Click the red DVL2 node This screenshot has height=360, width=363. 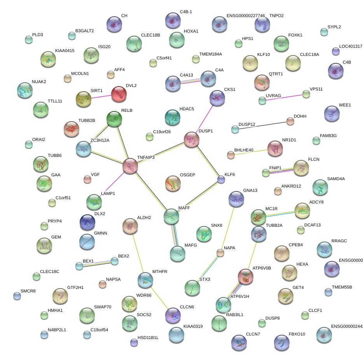click(119, 94)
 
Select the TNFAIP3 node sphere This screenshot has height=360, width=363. click(130, 166)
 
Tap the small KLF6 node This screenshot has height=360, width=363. click(221, 179)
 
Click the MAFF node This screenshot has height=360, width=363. click(171, 216)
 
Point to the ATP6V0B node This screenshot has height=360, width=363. click(246, 276)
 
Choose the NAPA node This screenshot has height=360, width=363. click(220, 253)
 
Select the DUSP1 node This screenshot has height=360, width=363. click(191, 139)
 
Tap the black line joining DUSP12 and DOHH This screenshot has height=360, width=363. click(263, 125)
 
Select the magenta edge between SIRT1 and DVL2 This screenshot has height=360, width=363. click(101, 97)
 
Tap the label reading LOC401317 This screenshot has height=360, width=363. click(351, 46)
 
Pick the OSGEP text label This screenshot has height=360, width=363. click(187, 175)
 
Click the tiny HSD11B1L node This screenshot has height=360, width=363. click(134, 342)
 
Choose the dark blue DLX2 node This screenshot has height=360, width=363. click(87, 222)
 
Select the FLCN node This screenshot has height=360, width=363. click(301, 168)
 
